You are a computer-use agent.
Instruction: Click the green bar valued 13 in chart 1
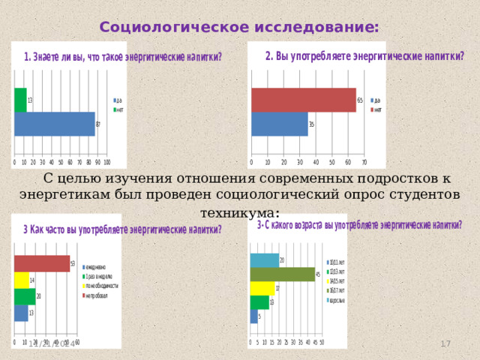click(20, 100)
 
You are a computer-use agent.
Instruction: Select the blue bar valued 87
click(54, 124)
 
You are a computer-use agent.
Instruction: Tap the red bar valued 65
click(303, 100)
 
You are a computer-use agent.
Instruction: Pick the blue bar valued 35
click(279, 124)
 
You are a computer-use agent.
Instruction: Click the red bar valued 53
click(41, 264)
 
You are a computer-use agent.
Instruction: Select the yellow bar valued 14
click(21, 280)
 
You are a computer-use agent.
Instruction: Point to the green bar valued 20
click(24, 296)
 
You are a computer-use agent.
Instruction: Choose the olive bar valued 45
click(282, 274)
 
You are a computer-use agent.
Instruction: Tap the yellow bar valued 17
click(262, 289)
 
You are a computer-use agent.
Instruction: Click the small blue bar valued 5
click(253, 316)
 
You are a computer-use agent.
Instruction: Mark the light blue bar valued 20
click(264, 260)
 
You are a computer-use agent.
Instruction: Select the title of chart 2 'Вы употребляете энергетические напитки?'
click(365, 56)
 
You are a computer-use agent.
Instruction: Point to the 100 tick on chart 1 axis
click(107, 161)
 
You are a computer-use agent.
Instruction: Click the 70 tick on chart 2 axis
click(364, 161)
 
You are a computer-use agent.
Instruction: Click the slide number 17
click(445, 343)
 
